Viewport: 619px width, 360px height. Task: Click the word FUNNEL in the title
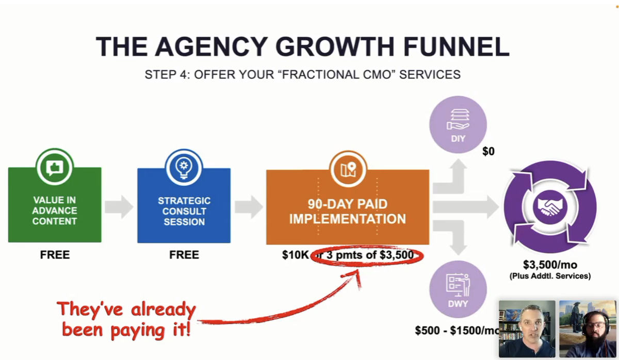click(456, 46)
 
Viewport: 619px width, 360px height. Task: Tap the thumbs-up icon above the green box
click(55, 168)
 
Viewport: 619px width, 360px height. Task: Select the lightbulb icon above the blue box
click(184, 168)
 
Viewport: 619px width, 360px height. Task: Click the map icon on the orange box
click(348, 169)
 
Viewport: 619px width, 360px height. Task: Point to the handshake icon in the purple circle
click(550, 207)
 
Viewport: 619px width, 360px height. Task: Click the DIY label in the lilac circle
click(458, 139)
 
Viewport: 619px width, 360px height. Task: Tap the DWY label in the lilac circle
click(458, 304)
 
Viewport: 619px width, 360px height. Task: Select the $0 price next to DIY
click(488, 152)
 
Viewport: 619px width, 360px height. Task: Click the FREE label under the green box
click(55, 255)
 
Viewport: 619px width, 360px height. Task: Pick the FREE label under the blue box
click(184, 255)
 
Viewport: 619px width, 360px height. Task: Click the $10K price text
click(295, 255)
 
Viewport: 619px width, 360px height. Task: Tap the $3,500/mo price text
click(550, 265)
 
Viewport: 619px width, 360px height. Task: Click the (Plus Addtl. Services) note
click(550, 276)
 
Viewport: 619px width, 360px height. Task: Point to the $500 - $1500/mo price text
click(457, 331)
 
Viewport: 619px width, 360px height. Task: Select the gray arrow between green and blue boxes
click(119, 207)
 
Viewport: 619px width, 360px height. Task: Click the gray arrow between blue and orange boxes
click(249, 207)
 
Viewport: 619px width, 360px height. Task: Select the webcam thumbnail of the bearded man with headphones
click(588, 329)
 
